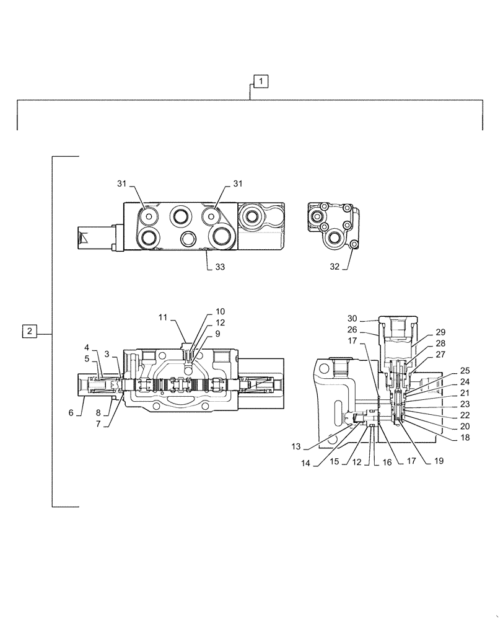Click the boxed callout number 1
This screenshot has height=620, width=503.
pyautogui.click(x=261, y=81)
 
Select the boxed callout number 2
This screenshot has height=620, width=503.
pyautogui.click(x=30, y=331)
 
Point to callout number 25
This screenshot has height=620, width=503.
pyautogui.click(x=465, y=371)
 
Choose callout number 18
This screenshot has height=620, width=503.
pyautogui.click(x=465, y=436)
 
